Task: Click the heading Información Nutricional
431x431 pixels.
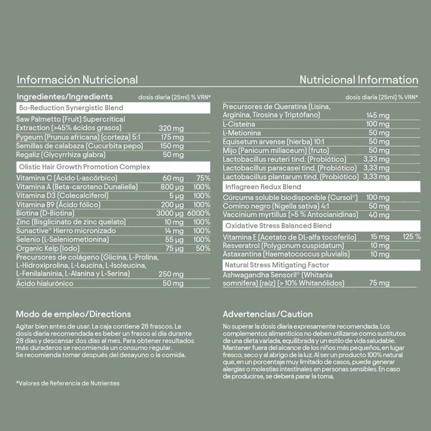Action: [x=77, y=80]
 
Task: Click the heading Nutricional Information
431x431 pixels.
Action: [x=358, y=80]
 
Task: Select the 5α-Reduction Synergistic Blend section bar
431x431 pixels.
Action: [x=113, y=108]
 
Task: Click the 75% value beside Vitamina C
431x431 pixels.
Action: [x=203, y=178]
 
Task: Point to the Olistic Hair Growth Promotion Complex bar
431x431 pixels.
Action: [x=113, y=167]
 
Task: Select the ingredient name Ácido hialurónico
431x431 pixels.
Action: [x=45, y=284]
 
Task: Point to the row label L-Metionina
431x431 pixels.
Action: [x=242, y=133]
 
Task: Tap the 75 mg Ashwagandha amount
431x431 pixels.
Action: [x=379, y=283]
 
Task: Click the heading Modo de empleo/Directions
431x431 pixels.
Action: [x=73, y=314]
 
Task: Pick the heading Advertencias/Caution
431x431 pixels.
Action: [x=268, y=314]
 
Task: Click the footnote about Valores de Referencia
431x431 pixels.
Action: [x=68, y=383]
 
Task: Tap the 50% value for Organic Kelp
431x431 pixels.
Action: [x=203, y=249]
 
